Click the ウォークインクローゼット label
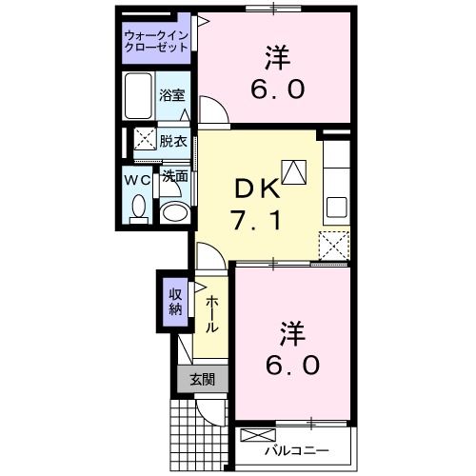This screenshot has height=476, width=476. pos(157,42)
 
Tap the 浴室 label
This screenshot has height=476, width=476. pos(171,96)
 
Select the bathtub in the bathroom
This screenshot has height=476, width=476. pos(139,96)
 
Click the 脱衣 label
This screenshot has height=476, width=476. pos(173,141)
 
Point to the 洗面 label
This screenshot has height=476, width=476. pos(173,176)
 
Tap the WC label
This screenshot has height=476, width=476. pos(135,178)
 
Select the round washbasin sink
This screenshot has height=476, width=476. pos(174,210)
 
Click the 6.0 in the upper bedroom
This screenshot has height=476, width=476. pos(277,89)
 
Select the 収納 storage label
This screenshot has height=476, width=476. pos(176,302)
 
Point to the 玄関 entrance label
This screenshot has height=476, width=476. pos(202,379)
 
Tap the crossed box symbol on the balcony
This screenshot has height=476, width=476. pos(255,436)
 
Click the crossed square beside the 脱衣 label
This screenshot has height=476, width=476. pos(146,139)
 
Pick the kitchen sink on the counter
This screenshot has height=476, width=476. pos(337,205)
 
